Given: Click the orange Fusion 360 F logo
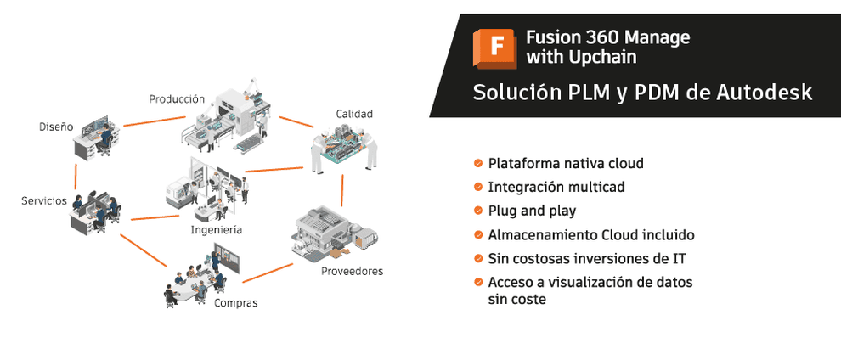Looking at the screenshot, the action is click(494, 48).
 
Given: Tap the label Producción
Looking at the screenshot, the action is click(177, 99).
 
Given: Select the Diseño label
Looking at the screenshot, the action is click(56, 127).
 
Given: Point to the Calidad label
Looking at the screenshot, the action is click(354, 114).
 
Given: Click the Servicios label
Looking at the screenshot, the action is click(44, 201).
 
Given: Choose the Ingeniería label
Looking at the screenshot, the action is click(217, 230).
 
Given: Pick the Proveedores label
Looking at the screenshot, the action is click(353, 271).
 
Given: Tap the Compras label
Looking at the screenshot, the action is click(236, 303).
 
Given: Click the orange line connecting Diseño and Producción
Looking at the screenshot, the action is click(155, 121).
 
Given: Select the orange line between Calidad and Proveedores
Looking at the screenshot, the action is click(341, 190).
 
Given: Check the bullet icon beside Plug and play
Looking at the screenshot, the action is click(478, 211).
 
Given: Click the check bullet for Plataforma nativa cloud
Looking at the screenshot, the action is click(478, 163).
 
